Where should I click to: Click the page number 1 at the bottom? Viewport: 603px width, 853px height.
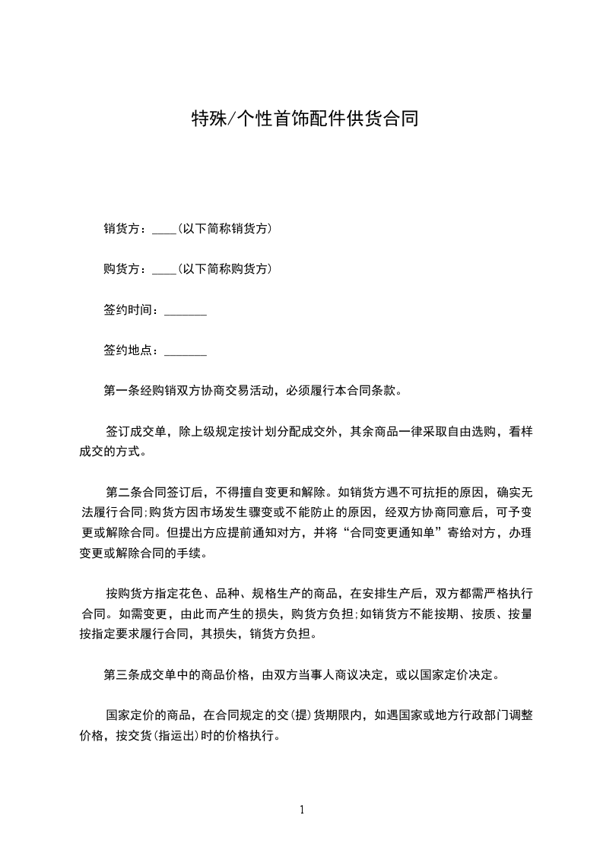click(x=302, y=810)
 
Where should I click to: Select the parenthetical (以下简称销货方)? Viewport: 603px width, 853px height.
click(x=225, y=229)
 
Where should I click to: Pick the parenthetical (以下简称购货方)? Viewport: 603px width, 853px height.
click(x=225, y=270)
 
